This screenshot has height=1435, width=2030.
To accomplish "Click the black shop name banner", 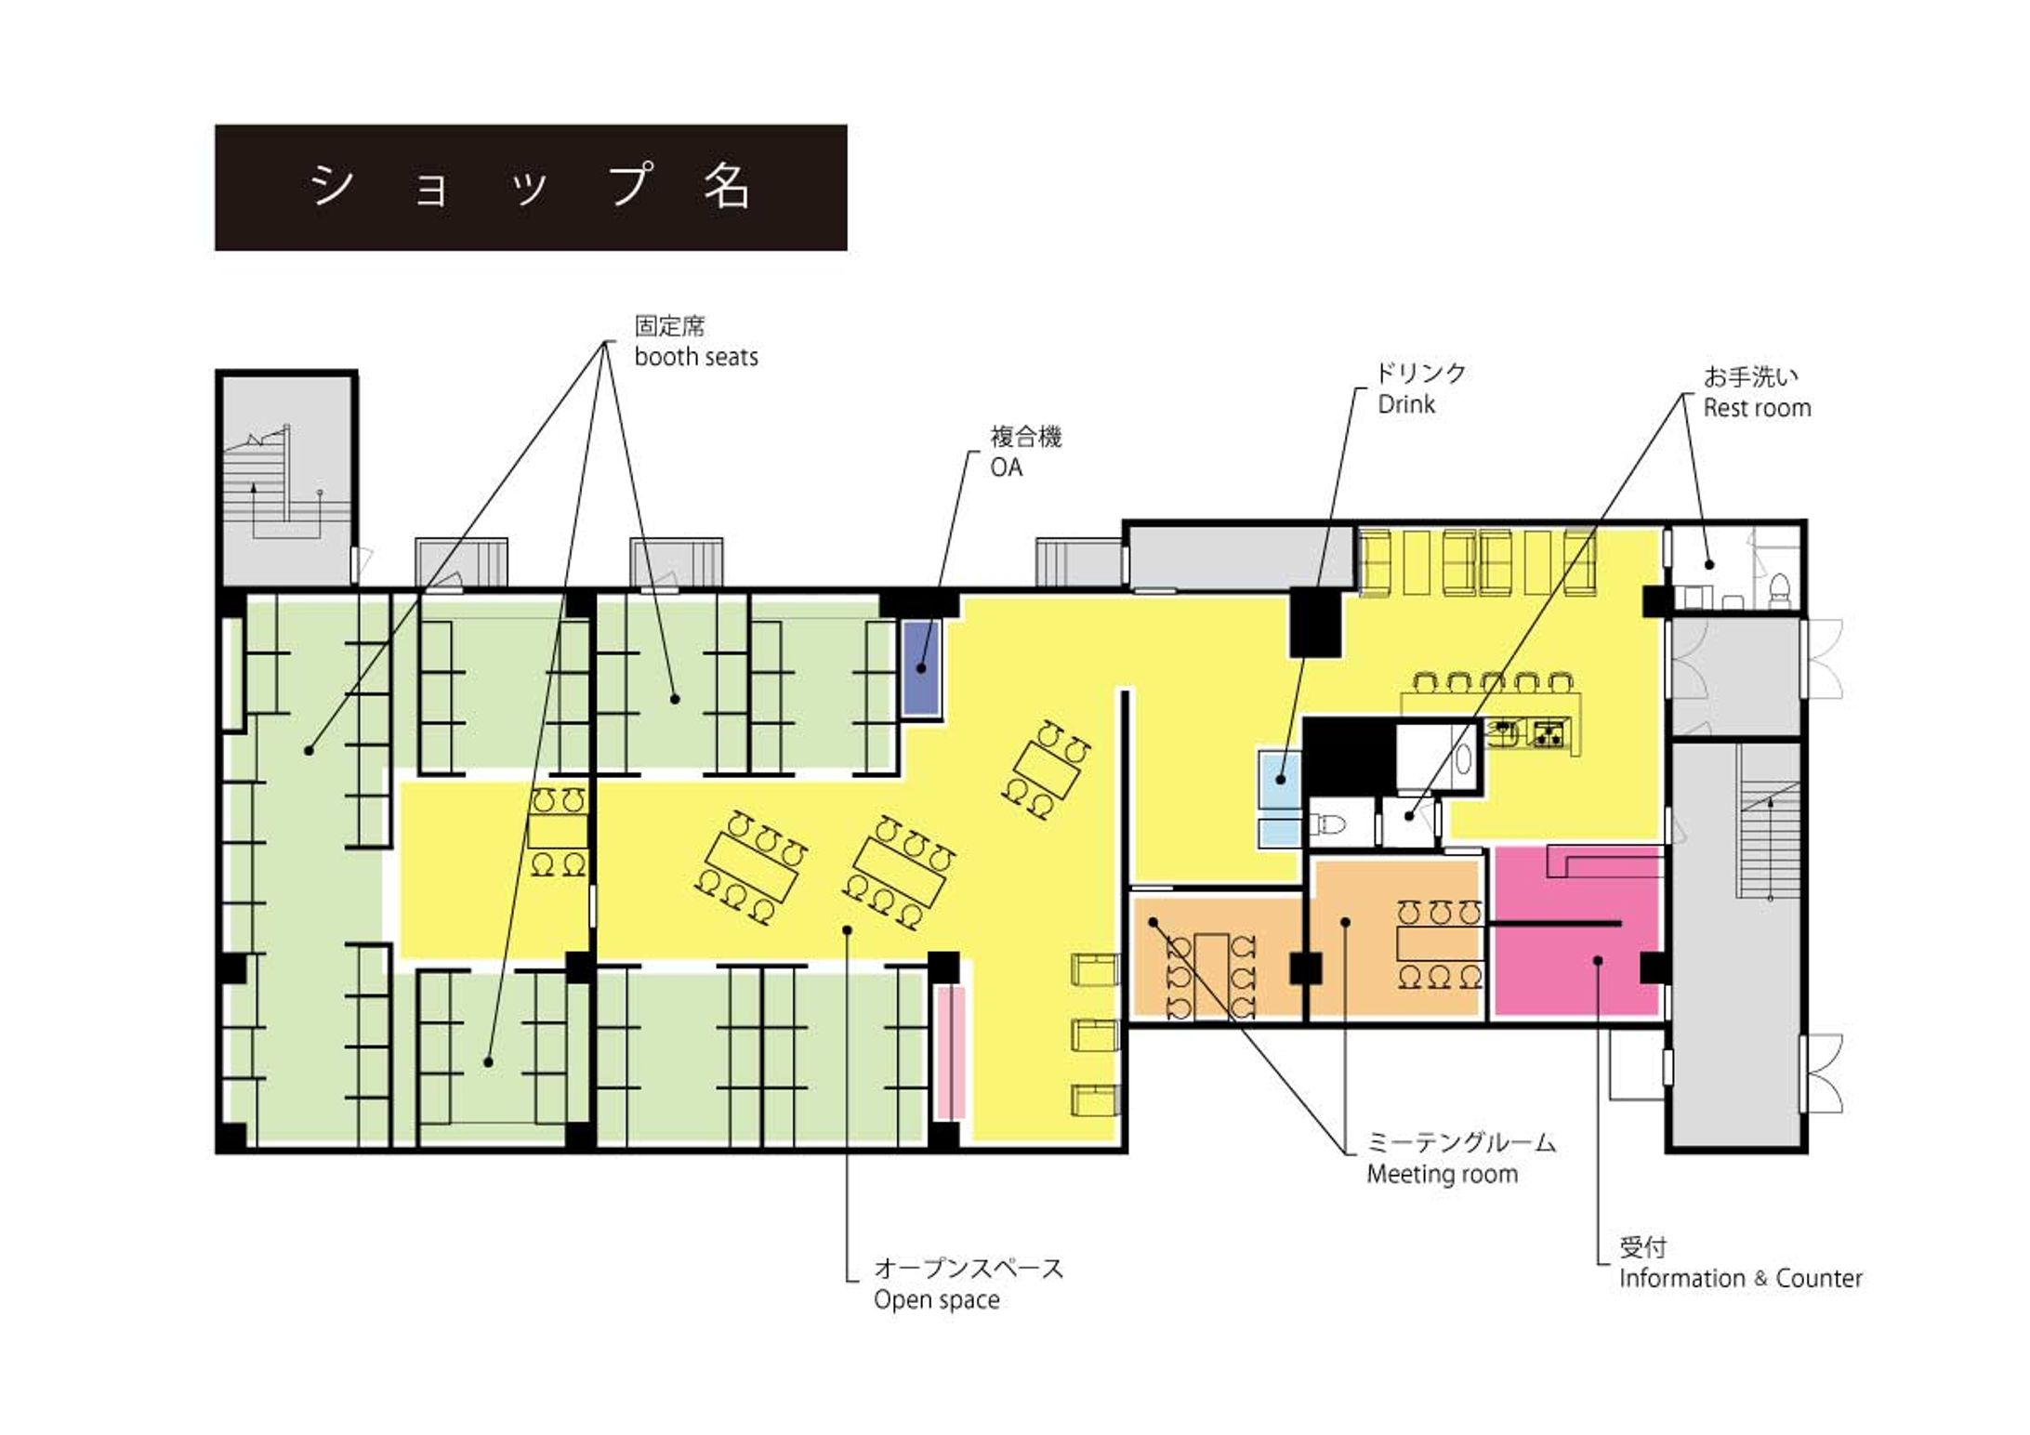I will point(531,188).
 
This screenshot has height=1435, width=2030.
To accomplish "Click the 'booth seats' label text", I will point(695,357).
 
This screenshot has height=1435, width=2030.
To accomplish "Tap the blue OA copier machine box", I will point(921,666).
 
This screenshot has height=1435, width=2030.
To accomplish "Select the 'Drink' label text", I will point(1405,404).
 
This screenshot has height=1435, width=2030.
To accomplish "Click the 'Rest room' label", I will point(1756,408).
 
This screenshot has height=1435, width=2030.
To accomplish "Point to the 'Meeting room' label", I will point(1442,1174).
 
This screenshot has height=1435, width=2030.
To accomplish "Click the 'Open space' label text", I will point(936,1299).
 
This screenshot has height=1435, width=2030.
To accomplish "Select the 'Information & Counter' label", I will point(1740,1278).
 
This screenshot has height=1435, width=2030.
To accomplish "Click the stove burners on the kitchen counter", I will point(1549,734).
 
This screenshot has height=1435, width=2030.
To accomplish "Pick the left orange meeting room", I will point(1215,955).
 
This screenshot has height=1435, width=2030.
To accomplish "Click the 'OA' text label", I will point(1006,467).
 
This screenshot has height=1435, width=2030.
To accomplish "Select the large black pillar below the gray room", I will point(1315,623).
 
